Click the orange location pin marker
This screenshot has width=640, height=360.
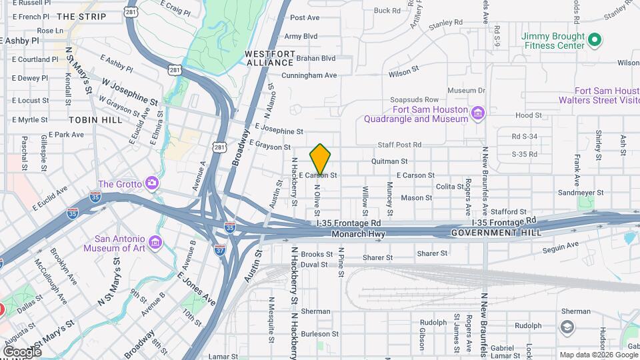click(x=320, y=159)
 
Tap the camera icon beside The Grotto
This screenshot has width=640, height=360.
click(x=153, y=183)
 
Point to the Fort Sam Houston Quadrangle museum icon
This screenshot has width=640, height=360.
click(x=477, y=114)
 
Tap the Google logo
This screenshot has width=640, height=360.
click(x=22, y=351)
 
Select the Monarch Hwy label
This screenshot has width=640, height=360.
click(x=359, y=234)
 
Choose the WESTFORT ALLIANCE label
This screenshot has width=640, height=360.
click(x=270, y=57)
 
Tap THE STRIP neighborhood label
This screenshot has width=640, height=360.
click(x=81, y=16)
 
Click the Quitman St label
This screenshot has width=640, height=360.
click(x=389, y=161)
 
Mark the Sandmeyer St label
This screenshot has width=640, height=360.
click(x=581, y=192)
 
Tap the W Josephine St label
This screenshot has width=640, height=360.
click(x=129, y=91)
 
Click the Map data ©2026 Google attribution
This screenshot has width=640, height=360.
click(x=597, y=355)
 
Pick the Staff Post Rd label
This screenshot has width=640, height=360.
click(x=399, y=145)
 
